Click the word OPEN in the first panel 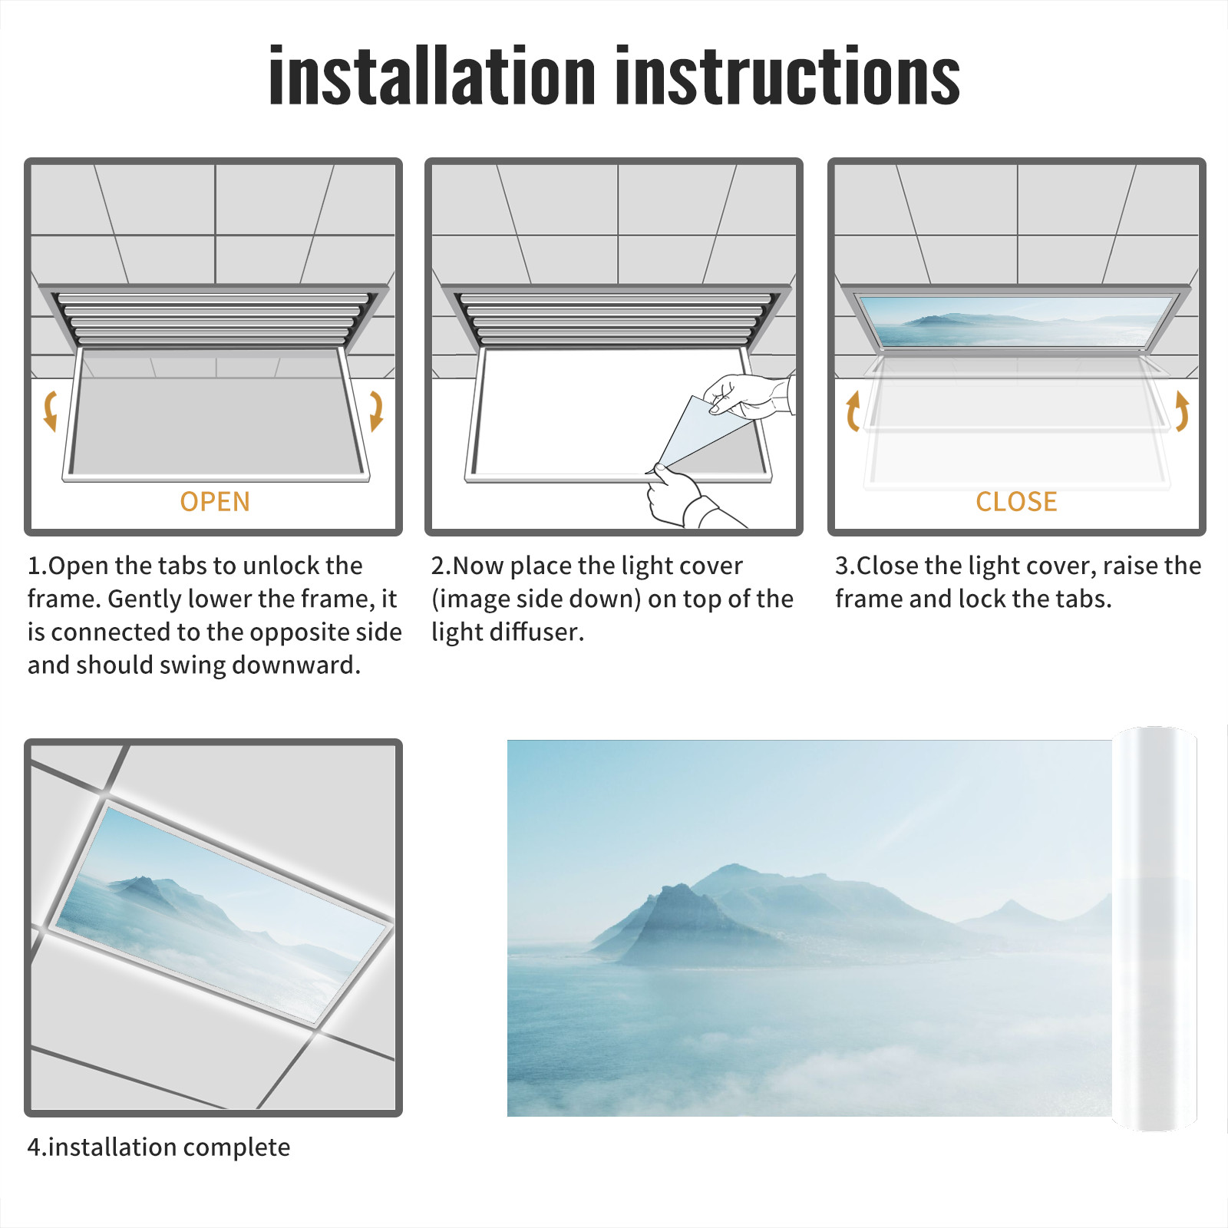point(215,502)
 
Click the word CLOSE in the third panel point(1016,502)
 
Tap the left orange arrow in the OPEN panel point(51,411)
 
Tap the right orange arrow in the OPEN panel point(376,411)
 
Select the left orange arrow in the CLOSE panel point(853,411)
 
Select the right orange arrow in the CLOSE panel point(1182,411)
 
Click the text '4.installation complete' point(159,1147)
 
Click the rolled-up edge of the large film point(1154,929)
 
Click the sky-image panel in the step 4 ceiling point(220,913)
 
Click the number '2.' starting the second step point(441,566)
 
